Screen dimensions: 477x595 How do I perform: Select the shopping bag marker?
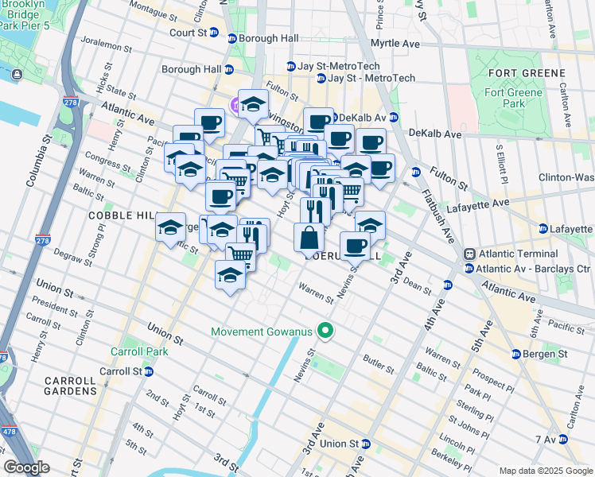pyautogui.click(x=309, y=238)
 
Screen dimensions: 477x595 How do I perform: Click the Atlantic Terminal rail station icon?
pyautogui.click(x=469, y=254)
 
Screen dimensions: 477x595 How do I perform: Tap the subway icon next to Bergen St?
pyautogui.click(x=517, y=354)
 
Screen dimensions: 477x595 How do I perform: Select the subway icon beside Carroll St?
pyautogui.click(x=149, y=371)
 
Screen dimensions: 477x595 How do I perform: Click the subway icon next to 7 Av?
pyautogui.click(x=564, y=440)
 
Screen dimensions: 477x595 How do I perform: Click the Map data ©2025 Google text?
pyautogui.click(x=545, y=470)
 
